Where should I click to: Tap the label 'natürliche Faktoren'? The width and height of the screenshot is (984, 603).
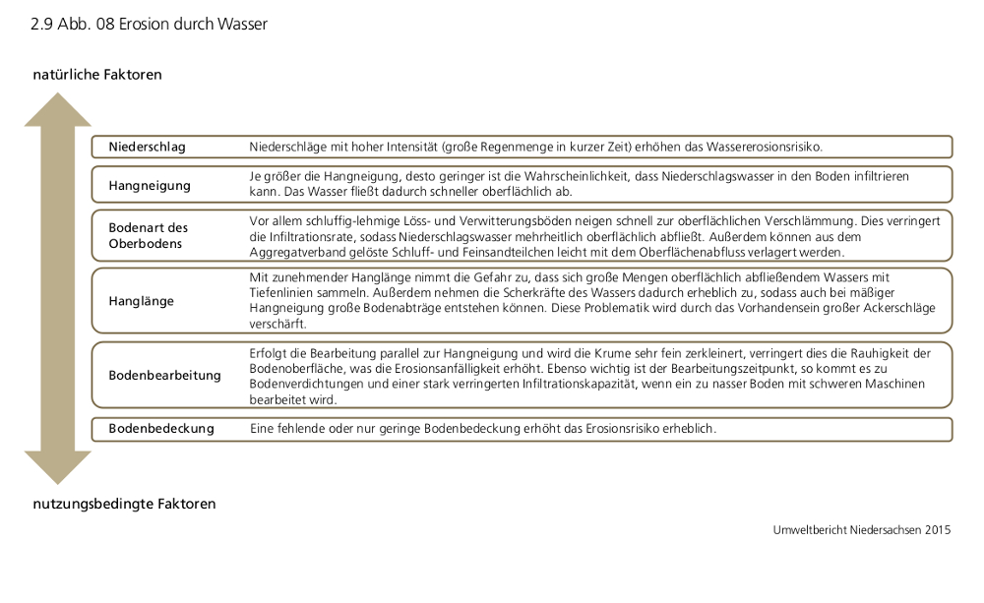(97, 75)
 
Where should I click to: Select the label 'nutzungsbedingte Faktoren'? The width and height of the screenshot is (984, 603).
(124, 504)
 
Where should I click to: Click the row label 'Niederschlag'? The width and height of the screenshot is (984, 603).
(147, 147)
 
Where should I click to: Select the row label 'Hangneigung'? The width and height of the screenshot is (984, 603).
(150, 185)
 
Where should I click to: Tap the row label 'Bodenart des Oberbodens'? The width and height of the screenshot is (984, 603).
(148, 235)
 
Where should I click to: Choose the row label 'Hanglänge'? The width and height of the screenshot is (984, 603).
(141, 300)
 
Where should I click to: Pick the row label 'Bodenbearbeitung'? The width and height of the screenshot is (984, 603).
(164, 375)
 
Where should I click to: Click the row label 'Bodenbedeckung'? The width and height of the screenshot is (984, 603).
(160, 429)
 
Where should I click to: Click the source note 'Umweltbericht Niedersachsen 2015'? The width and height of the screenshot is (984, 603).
(862, 530)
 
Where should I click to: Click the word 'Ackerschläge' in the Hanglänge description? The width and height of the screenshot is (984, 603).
(896, 309)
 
